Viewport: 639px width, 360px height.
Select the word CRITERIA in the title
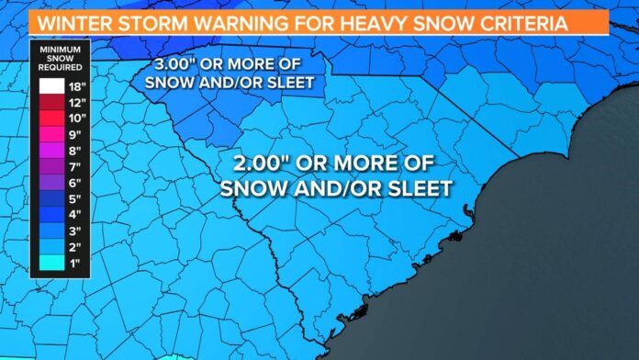tap(504, 19)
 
